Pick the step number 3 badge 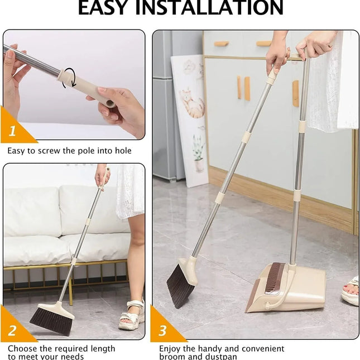(x=162, y=331)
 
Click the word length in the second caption (x=100, y=349)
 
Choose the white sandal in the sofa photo (x=129, y=315)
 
